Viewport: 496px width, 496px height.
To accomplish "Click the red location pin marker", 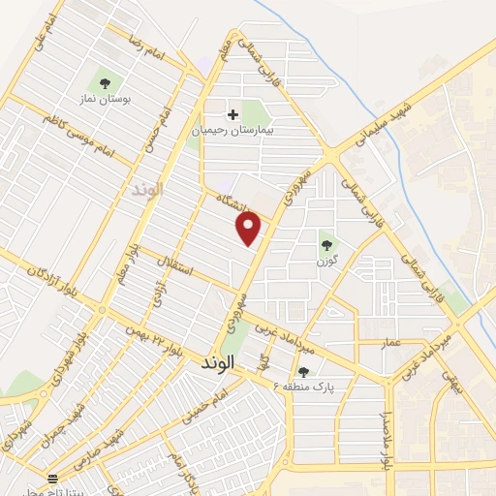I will click(x=250, y=229).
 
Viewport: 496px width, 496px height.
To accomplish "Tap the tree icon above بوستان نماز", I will click(x=104, y=82).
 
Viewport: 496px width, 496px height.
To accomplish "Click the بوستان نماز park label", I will click(x=105, y=100).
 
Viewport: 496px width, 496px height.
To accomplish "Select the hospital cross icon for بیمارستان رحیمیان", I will click(x=232, y=114).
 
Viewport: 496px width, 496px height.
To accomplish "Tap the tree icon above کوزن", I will click(x=325, y=245).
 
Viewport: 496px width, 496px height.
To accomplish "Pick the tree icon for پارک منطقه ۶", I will click(x=303, y=372).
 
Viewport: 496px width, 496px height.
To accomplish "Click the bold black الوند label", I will click(x=218, y=366).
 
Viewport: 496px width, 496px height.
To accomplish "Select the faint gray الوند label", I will click(x=148, y=189).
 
